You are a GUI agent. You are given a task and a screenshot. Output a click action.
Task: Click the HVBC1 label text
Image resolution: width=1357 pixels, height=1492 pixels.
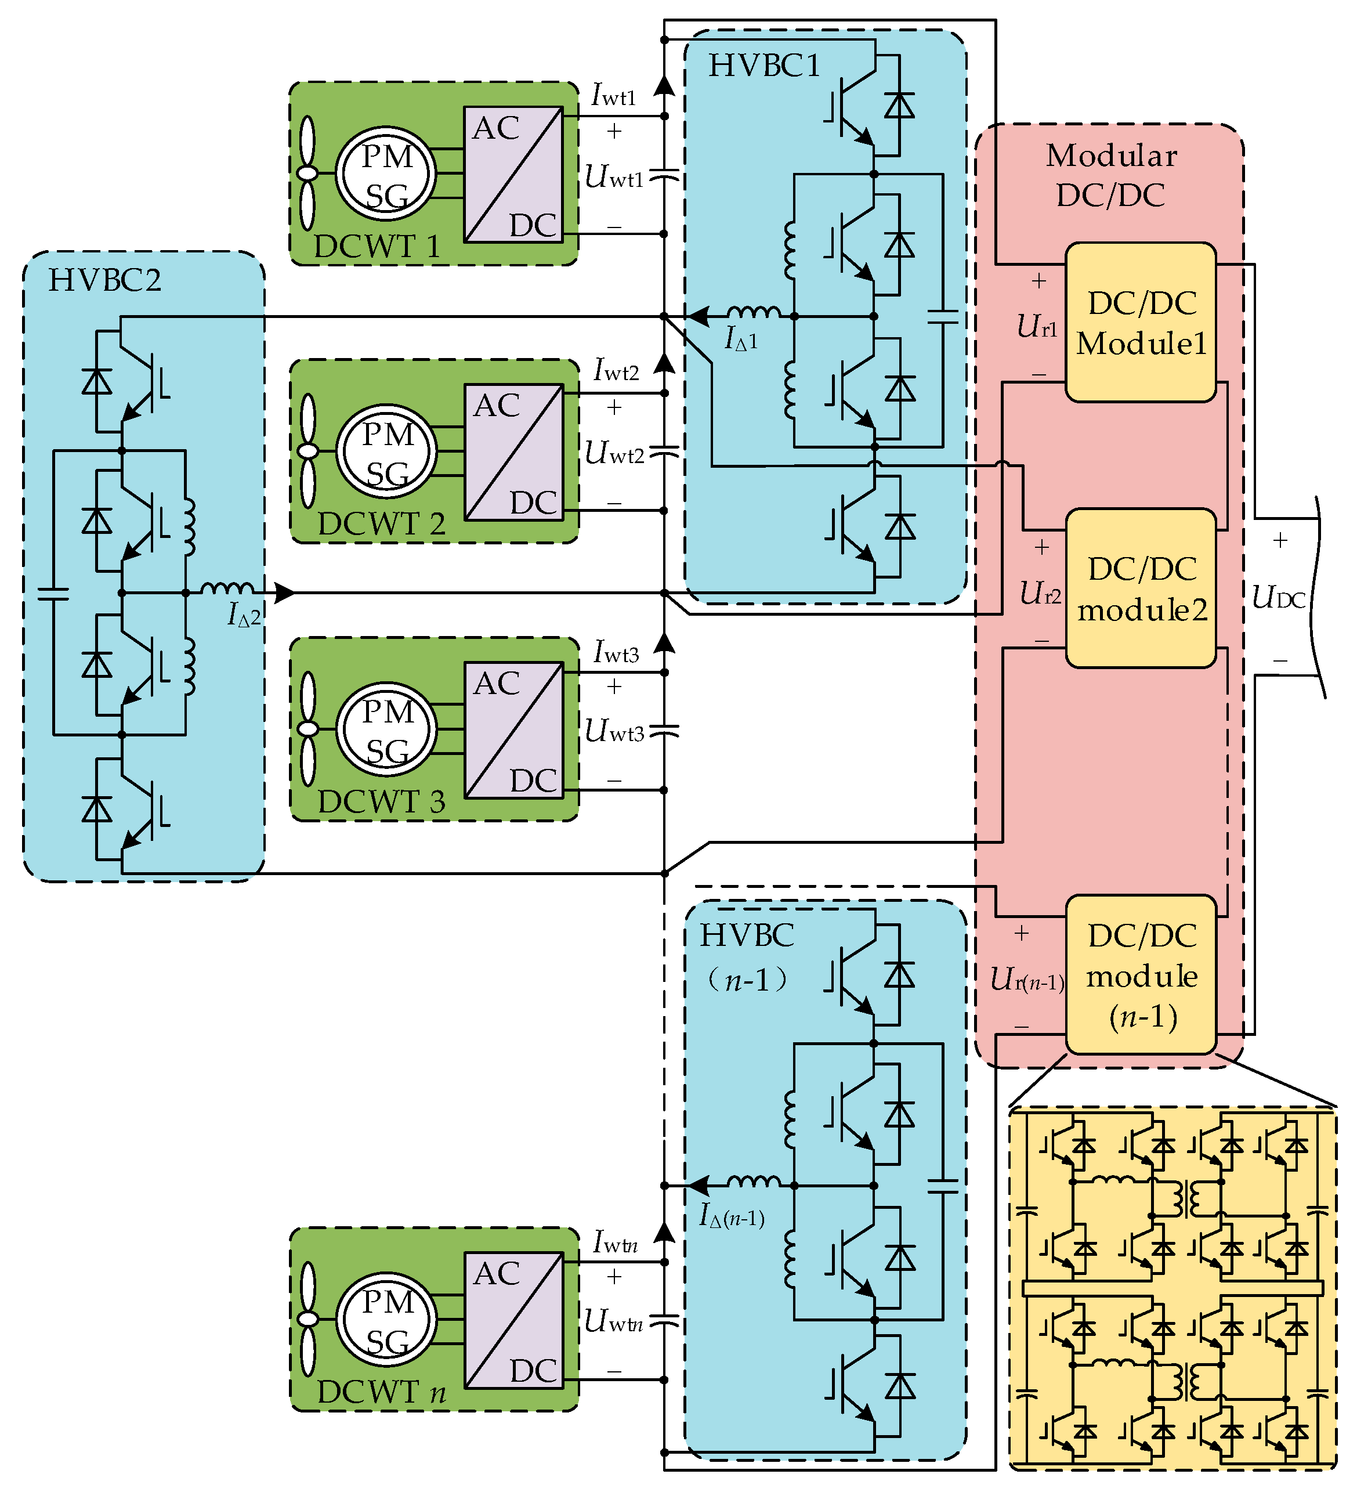click(x=764, y=66)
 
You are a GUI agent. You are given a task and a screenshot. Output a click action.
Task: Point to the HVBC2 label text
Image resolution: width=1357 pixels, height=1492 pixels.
click(x=104, y=280)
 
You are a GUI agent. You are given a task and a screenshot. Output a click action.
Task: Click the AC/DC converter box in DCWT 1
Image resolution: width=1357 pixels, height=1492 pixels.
click(x=513, y=175)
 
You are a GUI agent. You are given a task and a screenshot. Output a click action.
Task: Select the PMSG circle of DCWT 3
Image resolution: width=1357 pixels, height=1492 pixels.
click(x=385, y=729)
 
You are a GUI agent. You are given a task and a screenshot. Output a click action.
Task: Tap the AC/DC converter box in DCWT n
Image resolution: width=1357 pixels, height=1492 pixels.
click(x=513, y=1320)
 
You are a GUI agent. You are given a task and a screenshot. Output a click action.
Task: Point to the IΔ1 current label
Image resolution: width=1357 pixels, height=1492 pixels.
click(x=741, y=339)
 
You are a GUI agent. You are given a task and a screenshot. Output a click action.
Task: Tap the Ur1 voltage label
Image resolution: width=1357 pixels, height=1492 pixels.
click(x=1037, y=326)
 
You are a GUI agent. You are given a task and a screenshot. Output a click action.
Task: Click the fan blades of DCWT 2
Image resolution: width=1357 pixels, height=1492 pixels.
click(x=307, y=451)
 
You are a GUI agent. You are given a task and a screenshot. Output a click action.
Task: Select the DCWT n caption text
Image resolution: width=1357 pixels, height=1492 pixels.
click(x=381, y=1392)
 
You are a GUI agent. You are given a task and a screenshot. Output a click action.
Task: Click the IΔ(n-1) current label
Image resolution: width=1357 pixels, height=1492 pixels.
click(x=731, y=1215)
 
